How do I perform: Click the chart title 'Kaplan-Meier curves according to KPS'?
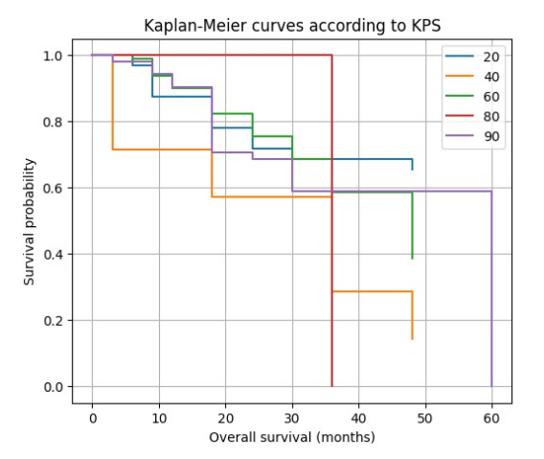[292, 26]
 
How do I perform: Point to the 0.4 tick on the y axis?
[53, 255]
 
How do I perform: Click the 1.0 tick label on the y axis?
[53, 56]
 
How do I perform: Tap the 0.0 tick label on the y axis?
[53, 387]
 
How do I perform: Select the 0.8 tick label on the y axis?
[53, 122]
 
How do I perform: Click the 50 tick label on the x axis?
[425, 419]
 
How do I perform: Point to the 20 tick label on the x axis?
[225, 419]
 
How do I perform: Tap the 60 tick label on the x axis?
[491, 419]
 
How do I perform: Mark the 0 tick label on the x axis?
[93, 419]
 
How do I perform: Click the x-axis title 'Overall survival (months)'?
[292, 437]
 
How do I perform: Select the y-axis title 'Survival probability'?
[29, 221]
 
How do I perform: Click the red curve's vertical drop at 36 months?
[332, 220]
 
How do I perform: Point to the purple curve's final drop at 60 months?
[491, 288]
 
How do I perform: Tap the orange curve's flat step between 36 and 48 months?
[372, 291]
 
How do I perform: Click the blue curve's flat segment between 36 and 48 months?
[372, 159]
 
